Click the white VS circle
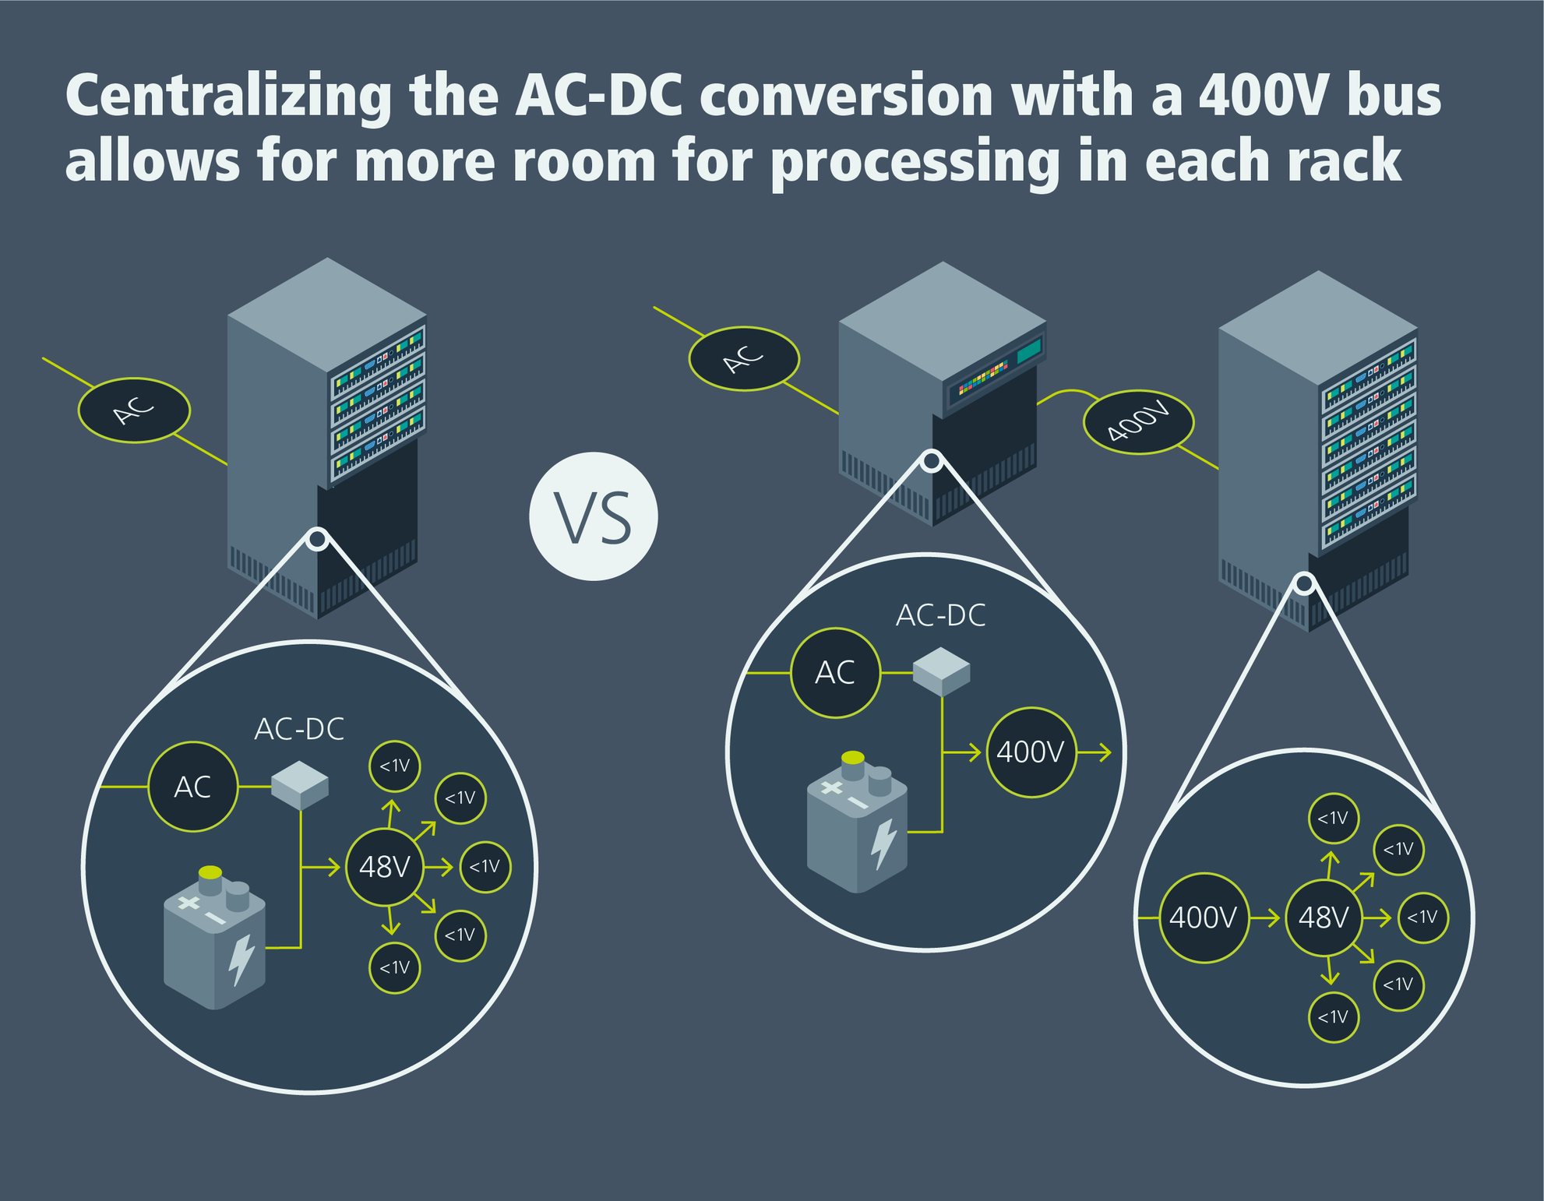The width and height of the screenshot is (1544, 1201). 594,516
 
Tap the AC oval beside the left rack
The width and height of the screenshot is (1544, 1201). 134,410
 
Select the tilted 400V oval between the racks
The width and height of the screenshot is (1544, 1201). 1138,423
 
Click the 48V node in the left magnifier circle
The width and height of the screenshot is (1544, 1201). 384,867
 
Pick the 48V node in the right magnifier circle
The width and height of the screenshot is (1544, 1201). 1324,918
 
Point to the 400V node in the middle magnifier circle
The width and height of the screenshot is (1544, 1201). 1031,752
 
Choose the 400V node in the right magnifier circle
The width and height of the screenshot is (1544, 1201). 1204,918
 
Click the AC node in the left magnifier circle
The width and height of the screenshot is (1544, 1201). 192,787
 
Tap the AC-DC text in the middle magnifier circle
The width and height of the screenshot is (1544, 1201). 940,616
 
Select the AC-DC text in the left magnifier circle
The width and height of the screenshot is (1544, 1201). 299,730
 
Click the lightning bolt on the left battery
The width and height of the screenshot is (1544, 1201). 241,959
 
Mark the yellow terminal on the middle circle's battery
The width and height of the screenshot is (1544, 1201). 853,758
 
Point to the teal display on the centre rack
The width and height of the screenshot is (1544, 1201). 1028,350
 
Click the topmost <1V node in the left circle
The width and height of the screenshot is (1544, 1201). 394,766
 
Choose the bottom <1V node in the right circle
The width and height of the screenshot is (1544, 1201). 1333,1017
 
